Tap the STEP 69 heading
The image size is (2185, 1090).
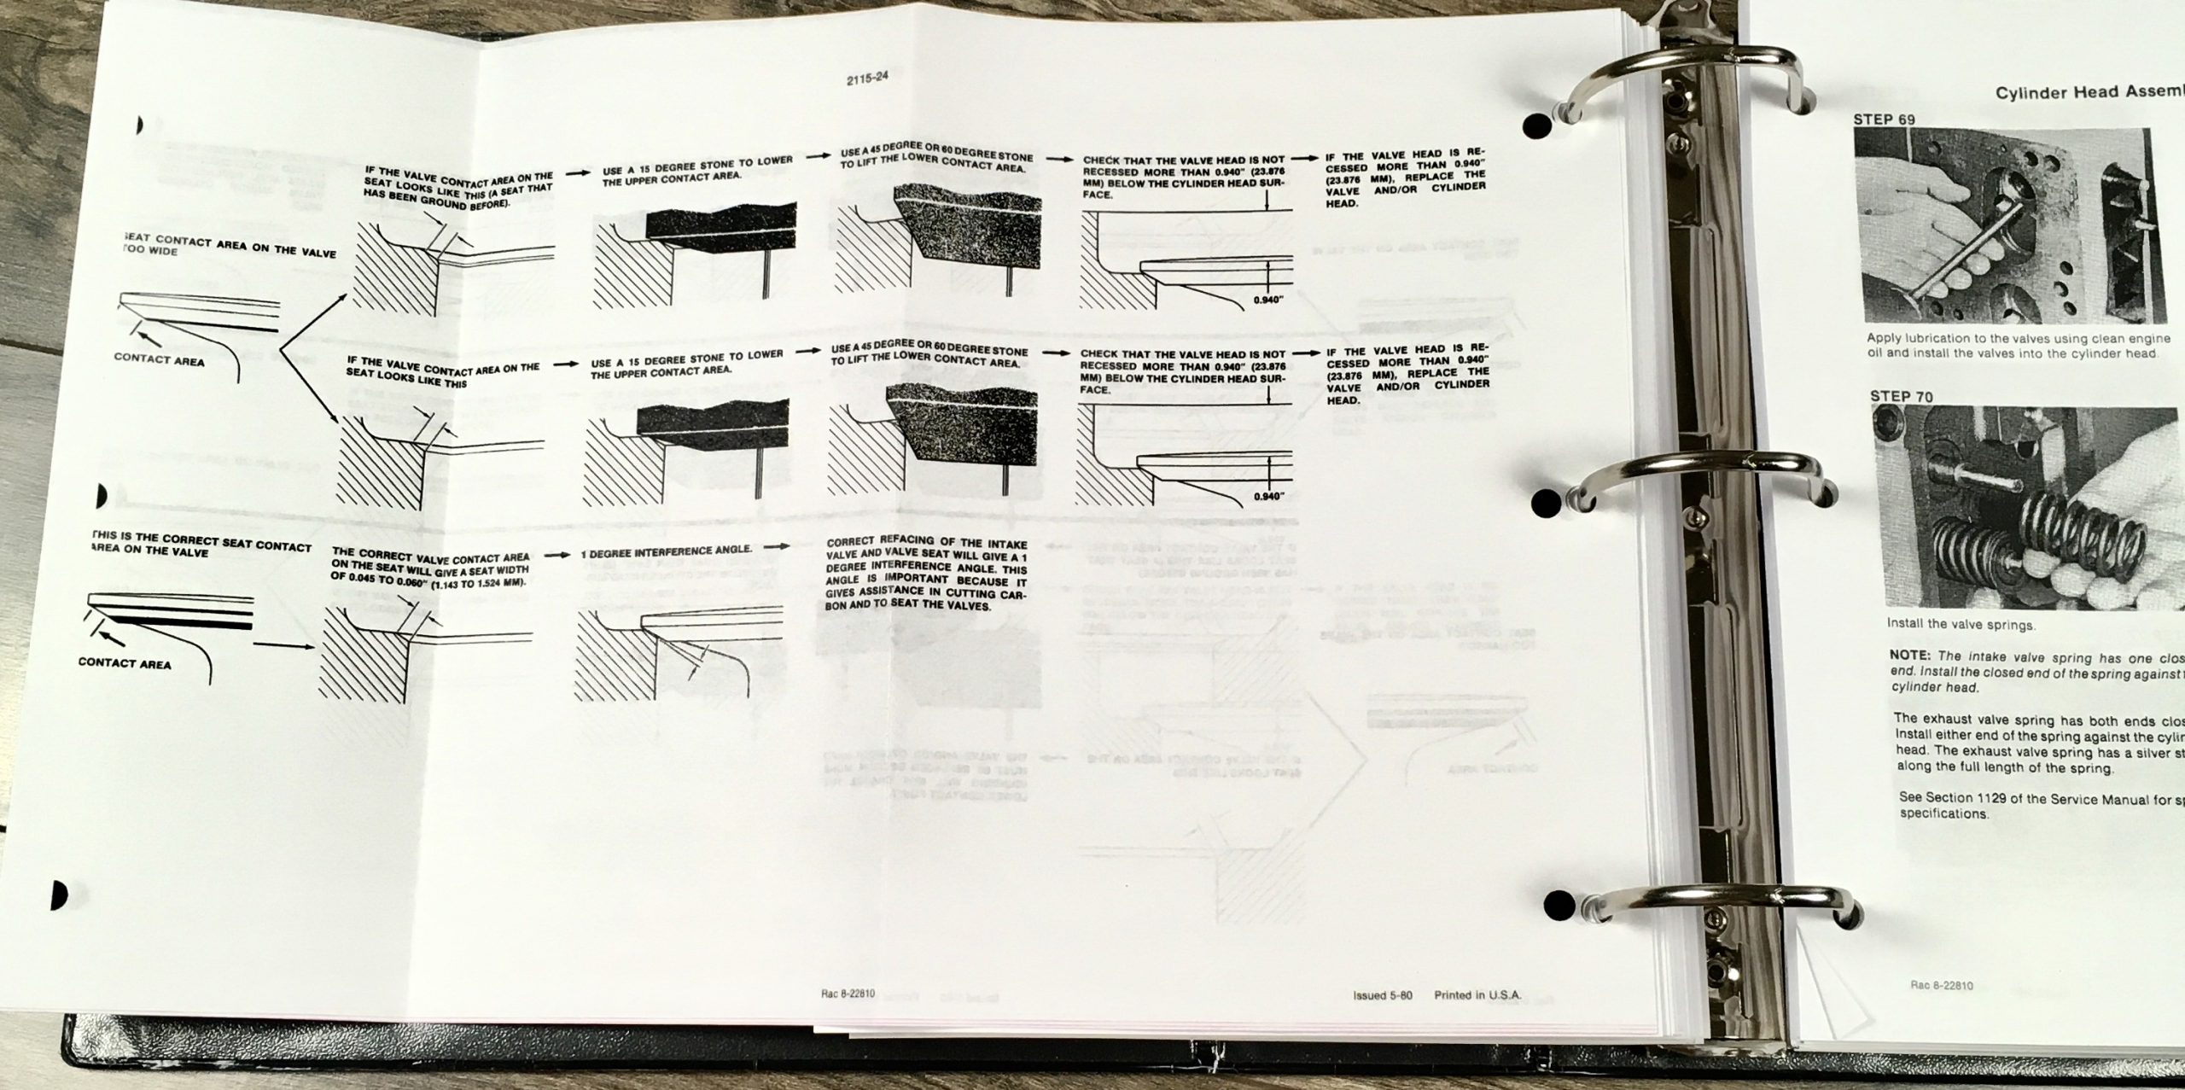[1885, 119]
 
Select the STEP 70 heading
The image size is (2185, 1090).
[1901, 396]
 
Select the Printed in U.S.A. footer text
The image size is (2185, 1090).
[1477, 995]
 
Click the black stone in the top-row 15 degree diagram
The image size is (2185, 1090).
[721, 233]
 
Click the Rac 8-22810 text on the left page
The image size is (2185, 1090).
[846, 994]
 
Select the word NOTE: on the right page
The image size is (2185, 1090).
[1912, 658]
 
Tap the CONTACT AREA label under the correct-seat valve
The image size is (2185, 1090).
[124, 662]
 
